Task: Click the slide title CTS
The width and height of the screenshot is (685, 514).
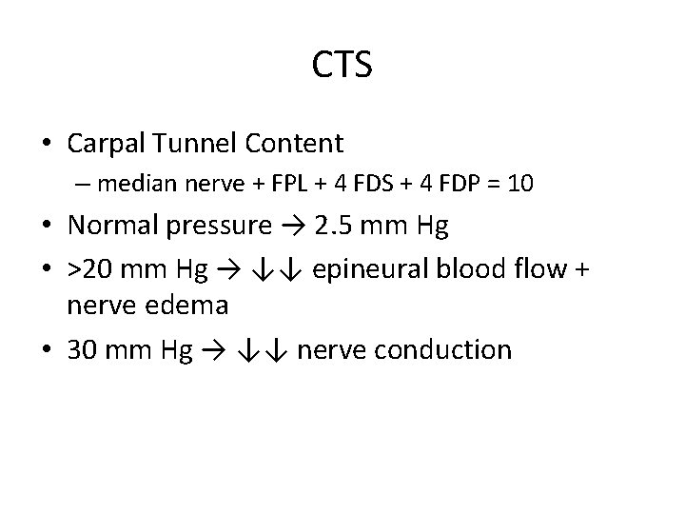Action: (342, 65)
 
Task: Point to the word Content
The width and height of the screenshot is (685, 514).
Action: (295, 144)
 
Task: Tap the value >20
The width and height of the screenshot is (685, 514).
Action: (89, 270)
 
